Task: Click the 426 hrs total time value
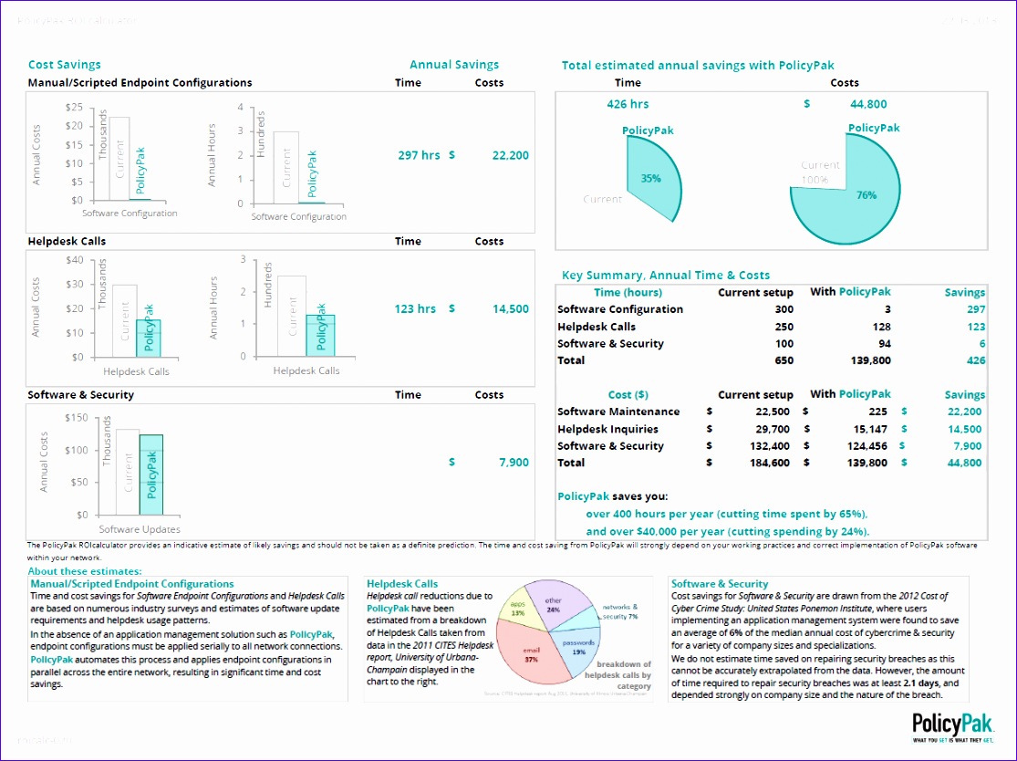(628, 104)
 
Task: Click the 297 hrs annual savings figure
(419, 155)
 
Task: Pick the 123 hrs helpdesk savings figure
(415, 309)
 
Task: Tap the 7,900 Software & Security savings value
(514, 463)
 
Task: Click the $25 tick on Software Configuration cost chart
(74, 107)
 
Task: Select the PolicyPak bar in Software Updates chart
(150, 474)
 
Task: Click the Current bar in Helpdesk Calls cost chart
(125, 320)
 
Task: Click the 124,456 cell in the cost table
(865, 446)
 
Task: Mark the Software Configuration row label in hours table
(619, 309)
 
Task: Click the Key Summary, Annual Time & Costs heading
(665, 275)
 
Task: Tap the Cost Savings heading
(65, 65)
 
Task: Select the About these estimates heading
(84, 571)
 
